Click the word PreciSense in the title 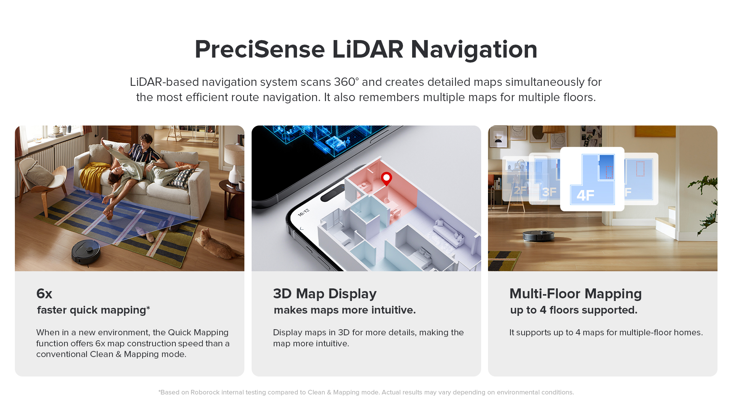[x=260, y=50]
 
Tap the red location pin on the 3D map [x=386, y=178]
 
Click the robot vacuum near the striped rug [x=86, y=251]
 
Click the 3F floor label [x=549, y=192]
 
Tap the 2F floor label [x=520, y=190]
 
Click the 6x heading [x=44, y=294]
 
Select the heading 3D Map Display [x=324, y=294]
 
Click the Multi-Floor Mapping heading [x=575, y=294]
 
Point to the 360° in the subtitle [x=346, y=82]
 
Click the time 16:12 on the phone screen [x=303, y=212]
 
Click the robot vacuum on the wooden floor [x=538, y=236]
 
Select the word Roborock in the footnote [x=205, y=392]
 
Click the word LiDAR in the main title [x=368, y=50]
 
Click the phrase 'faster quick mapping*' [x=93, y=310]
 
